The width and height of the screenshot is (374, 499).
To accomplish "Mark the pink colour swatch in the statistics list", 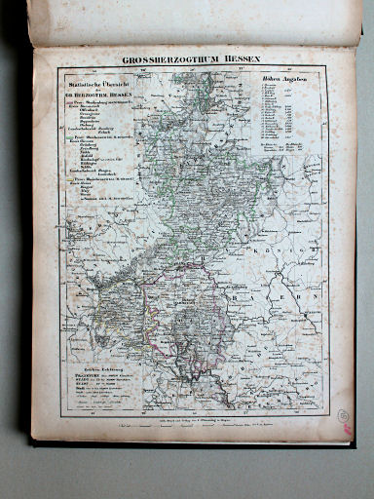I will pyautogui.click(x=70, y=104).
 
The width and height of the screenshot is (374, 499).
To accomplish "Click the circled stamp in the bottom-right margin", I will pyautogui.click(x=345, y=414).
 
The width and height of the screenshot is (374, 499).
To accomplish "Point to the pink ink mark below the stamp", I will pyautogui.click(x=343, y=433).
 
